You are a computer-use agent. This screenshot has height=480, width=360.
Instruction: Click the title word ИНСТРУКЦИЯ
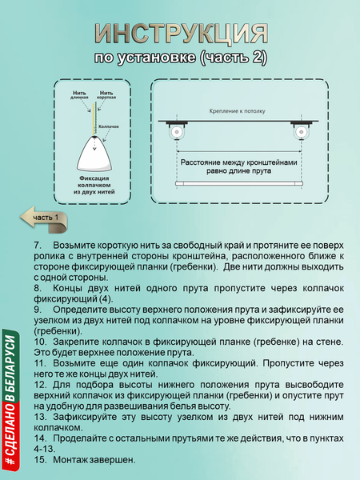click(180, 34)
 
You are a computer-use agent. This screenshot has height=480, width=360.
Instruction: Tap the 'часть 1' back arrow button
click(45, 217)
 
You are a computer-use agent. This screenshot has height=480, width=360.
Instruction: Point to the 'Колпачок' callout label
click(111, 126)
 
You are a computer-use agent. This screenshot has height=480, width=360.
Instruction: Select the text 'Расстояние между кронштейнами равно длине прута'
click(238, 164)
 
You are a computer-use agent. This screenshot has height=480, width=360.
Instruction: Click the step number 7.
click(37, 244)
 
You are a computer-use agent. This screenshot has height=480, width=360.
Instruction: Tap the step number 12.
click(39, 384)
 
